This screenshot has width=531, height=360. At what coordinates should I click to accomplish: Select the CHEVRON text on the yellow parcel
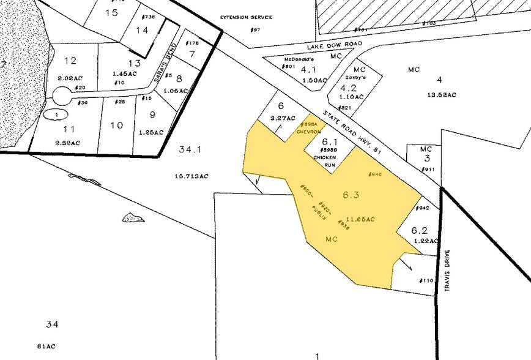tap(309, 132)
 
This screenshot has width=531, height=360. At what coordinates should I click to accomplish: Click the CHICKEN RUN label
tap(325, 161)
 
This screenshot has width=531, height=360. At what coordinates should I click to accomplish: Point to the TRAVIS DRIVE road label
tap(447, 269)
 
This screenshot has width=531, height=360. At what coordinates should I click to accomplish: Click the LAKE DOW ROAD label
tap(335, 45)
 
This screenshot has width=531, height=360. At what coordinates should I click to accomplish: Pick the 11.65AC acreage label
tap(360, 218)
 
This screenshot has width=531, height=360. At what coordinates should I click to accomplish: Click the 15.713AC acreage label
tap(191, 176)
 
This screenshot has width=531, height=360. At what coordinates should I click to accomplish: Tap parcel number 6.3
tap(351, 195)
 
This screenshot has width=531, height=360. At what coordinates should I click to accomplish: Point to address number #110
tap(426, 280)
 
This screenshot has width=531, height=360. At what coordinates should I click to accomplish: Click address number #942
tap(423, 208)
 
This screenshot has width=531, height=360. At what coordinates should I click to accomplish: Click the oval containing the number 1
tap(56, 114)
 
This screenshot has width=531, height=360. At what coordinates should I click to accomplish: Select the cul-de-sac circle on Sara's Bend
tap(62, 96)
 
